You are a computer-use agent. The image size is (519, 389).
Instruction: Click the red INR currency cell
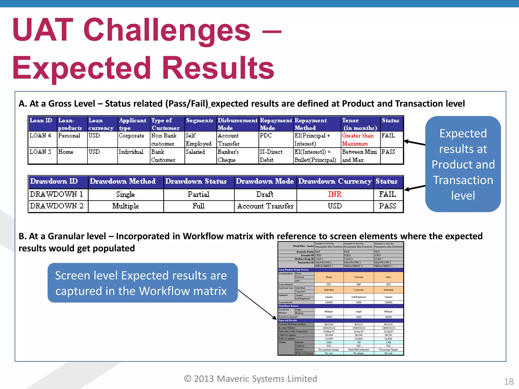tap(335, 194)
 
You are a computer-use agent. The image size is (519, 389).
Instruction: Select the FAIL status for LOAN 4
tap(388, 136)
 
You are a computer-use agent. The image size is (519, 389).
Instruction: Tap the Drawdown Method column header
tap(123, 181)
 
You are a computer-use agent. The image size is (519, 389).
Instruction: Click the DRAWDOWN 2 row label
tap(57, 206)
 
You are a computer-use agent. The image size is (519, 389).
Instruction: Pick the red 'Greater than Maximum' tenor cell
tap(358, 140)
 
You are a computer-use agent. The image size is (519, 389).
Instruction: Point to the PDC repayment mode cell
tap(266, 136)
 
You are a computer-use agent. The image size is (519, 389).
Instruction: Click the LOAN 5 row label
tap(41, 152)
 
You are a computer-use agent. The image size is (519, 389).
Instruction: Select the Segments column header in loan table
tap(200, 121)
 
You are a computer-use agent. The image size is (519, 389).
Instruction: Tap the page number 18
tap(509, 381)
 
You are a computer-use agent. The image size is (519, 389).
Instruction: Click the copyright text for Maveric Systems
tap(250, 379)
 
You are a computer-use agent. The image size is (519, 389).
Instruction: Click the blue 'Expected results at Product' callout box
tap(463, 164)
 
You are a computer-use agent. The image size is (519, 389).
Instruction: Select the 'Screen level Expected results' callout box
tap(142, 283)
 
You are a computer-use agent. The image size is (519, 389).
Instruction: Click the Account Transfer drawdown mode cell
tap(265, 206)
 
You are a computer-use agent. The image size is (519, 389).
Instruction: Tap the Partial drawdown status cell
tap(198, 194)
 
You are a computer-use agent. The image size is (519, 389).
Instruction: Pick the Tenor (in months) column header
tap(360, 124)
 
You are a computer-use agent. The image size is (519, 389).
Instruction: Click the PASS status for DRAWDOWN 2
tap(387, 206)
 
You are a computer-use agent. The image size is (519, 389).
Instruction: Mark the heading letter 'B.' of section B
tap(23, 236)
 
